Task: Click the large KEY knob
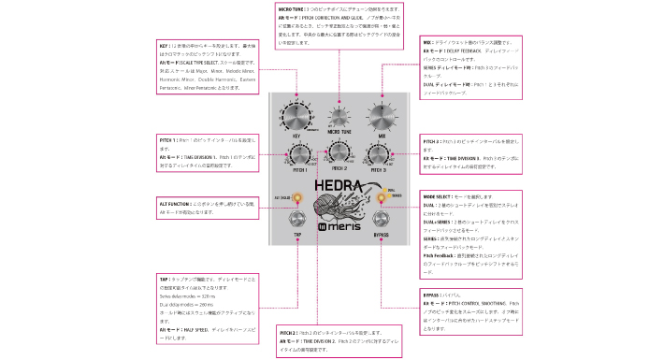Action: coord(296,119)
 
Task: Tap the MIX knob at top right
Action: coord(383,119)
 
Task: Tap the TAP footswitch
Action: coord(296,221)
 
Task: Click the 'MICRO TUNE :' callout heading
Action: coord(286,7)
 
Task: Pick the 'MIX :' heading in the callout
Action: coord(426,42)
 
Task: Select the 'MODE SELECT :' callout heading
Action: coord(438,198)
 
